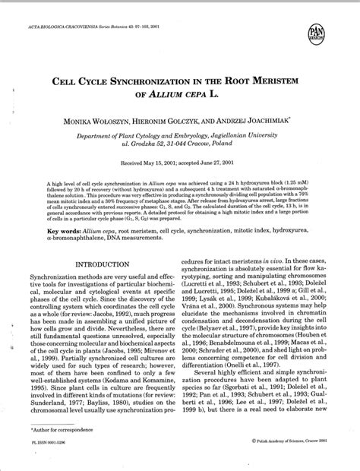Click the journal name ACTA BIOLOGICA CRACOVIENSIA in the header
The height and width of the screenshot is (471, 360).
point(72,11)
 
